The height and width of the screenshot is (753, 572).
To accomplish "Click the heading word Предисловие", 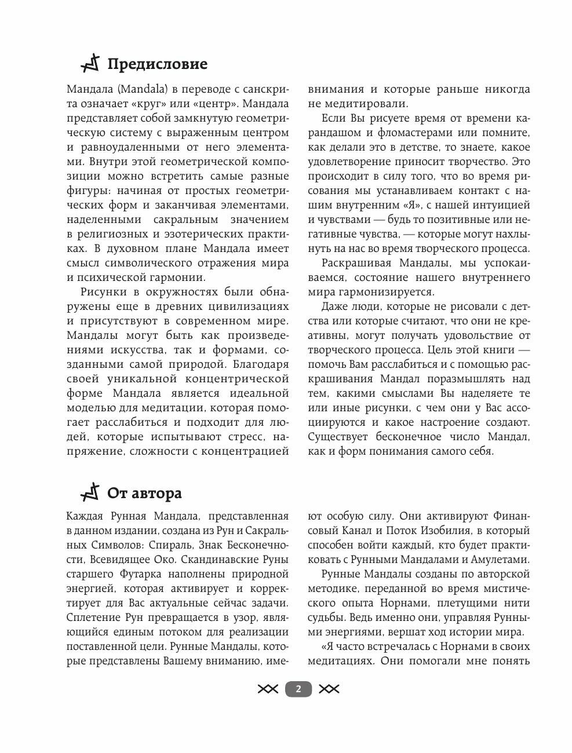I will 157,64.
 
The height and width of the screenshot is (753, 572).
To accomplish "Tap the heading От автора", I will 144,493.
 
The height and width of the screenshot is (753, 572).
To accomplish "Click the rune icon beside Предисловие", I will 91,63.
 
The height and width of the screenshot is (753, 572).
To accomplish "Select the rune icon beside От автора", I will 91,492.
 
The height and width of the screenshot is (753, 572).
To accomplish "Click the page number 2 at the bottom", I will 298,689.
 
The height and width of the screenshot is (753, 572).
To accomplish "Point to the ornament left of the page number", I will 268,689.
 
